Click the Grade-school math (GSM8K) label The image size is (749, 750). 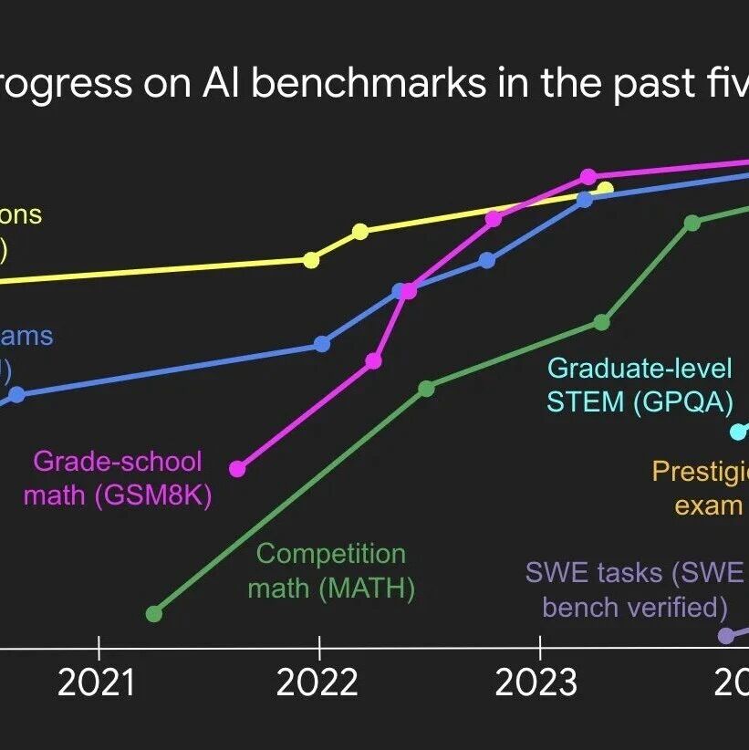118,478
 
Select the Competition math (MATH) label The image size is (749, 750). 331,571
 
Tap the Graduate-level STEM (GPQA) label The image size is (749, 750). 640,384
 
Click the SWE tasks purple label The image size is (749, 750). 635,589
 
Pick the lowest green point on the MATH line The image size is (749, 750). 154,613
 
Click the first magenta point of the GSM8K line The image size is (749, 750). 238,469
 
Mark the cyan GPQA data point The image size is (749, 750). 738,432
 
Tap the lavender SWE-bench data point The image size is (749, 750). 726,635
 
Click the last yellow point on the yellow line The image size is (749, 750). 604,189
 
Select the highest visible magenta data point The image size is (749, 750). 588,176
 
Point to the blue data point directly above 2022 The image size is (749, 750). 322,344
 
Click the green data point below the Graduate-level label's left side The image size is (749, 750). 601,321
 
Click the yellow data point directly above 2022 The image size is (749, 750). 311,260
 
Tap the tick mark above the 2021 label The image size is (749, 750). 99,649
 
